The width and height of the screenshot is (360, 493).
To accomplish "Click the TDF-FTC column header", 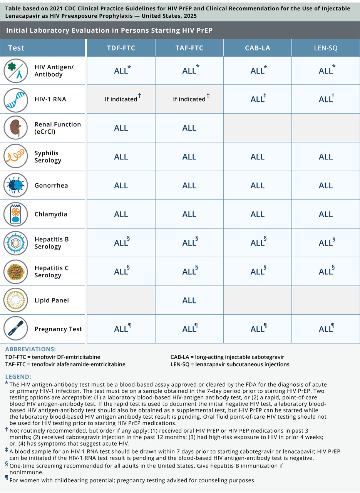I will point(121,48).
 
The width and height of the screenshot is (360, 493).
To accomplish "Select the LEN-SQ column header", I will point(325,48).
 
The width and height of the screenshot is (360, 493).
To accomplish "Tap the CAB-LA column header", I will point(257,48).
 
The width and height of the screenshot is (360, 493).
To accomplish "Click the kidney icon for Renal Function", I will point(16,128).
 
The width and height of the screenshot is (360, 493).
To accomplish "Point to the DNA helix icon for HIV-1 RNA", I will point(16,99).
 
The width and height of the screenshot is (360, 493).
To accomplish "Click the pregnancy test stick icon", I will point(16,329).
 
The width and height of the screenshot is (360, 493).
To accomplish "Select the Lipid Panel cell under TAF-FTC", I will point(189,300).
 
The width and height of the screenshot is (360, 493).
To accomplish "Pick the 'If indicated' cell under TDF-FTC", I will point(121,99).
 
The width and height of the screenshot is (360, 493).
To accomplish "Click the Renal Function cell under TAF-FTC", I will point(189,128).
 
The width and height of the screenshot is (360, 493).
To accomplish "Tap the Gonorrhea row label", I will point(51,185).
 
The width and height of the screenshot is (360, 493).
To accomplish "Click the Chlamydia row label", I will point(51,214).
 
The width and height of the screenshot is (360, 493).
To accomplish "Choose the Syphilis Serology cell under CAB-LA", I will point(257,157).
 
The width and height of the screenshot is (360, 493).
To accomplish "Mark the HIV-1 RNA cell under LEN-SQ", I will point(325,99).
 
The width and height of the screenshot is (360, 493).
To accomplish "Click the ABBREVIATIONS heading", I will point(30,349).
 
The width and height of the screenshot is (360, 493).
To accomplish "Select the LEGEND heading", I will point(18,377).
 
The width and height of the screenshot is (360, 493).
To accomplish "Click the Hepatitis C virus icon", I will point(16,272).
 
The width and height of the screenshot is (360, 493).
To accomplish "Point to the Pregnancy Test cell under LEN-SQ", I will point(325,329).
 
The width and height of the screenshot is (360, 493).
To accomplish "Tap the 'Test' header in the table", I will point(16,48).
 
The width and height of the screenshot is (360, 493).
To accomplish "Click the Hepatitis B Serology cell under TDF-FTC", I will point(121,243).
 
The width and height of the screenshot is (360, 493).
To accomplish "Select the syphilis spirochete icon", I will point(16,157).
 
